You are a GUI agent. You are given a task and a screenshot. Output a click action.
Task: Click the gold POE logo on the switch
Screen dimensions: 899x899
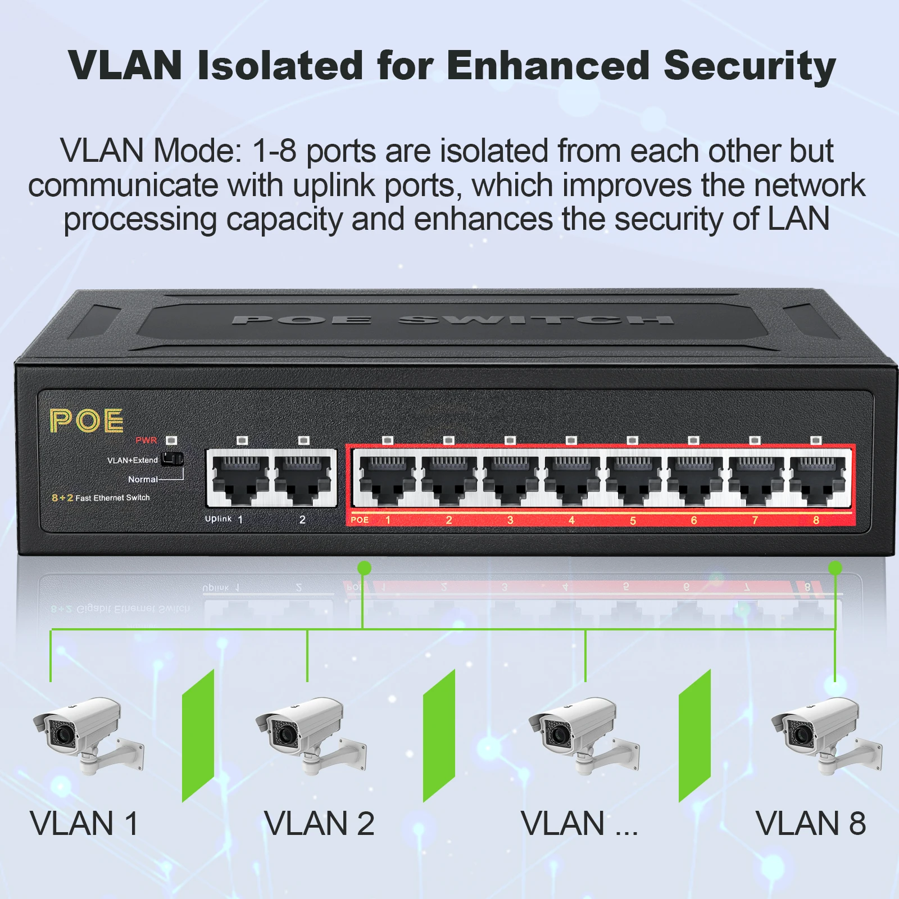pyautogui.click(x=86, y=421)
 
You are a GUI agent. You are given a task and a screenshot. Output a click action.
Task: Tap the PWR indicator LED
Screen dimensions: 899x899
pyautogui.click(x=171, y=441)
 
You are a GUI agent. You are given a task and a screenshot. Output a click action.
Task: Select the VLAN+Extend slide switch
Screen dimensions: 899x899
pyautogui.click(x=172, y=460)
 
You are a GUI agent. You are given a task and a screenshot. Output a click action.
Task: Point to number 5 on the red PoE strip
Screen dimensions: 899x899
pyautogui.click(x=633, y=521)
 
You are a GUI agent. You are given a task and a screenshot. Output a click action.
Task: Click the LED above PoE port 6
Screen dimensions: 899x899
pyautogui.click(x=694, y=441)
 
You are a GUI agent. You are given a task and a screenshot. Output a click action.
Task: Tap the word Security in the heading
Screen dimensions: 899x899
pyautogui.click(x=750, y=66)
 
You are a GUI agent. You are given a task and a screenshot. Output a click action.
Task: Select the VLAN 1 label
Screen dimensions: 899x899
pyautogui.click(x=84, y=824)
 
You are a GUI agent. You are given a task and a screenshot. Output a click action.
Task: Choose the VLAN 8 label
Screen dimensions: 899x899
pyautogui.click(x=810, y=824)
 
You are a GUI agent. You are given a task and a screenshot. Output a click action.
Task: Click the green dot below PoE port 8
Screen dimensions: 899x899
pyautogui.click(x=836, y=568)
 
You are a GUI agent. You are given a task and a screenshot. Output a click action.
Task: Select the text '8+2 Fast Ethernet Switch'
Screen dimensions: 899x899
pyautogui.click(x=101, y=498)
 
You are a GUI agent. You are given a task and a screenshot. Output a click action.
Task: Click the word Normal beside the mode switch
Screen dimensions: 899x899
pyautogui.click(x=143, y=479)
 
